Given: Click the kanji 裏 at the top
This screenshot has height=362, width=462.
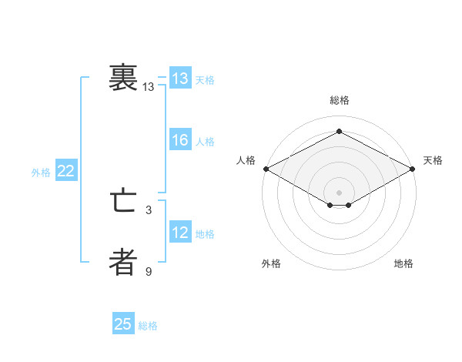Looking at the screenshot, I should coord(123,79).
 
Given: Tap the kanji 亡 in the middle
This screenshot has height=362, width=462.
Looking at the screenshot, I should coord(123,203).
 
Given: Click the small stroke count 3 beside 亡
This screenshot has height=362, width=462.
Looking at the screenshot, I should coord(149,209).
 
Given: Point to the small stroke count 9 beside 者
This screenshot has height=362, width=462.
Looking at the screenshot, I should coord(149,270).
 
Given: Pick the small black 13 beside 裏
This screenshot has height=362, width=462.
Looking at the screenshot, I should coord(149,88).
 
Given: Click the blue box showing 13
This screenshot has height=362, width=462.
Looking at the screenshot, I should coord(180,79).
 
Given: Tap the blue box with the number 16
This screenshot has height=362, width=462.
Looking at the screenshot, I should coord(180,140).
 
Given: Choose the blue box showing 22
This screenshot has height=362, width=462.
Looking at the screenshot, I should coord(65,171).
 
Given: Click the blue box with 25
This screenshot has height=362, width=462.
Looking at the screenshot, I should coord(123,324).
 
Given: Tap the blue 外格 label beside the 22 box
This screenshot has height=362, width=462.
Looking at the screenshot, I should coord(41,173).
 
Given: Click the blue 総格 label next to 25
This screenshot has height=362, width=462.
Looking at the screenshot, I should coord(148,326).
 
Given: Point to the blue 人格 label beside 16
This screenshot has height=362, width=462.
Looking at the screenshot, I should coord(205,142).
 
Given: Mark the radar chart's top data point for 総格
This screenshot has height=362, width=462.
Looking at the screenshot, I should coord(339,131).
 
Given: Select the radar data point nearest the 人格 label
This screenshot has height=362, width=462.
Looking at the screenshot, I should coord(265,169).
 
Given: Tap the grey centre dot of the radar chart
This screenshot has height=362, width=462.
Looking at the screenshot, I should coord(339,191).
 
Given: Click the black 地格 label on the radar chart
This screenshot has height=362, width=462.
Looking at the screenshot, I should coord(403,264).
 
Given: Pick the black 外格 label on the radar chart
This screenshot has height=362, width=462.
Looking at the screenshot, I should coord(271,264).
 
